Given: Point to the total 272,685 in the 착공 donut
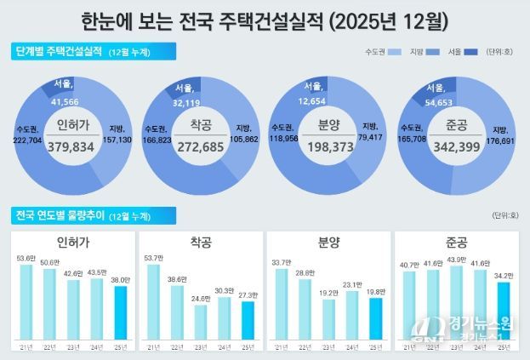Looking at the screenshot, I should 201,145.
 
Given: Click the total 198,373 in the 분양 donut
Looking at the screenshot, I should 329,145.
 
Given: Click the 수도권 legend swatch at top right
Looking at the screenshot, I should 393,54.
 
